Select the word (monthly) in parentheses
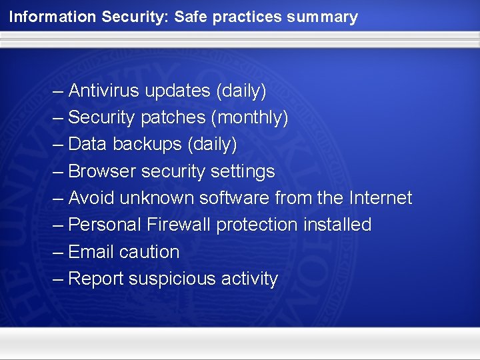coord(249,117)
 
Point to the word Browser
coord(101,171)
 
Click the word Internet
coord(380,198)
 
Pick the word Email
coord(91,252)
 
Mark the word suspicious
coord(171,279)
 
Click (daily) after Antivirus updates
coord(237,90)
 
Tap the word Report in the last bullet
coord(95,279)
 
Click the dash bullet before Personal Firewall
coord(58,225)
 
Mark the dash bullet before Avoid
coord(58,199)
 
